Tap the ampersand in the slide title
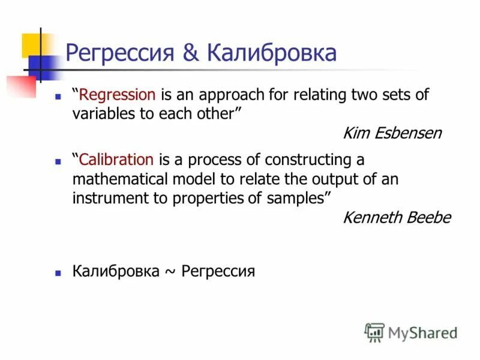click(191, 53)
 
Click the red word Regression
click(118, 95)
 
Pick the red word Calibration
click(116, 160)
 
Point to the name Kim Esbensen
click(392, 133)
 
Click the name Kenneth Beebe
click(396, 218)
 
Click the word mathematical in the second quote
click(124, 179)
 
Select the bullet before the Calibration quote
click(58, 161)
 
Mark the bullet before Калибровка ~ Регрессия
click(58, 272)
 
